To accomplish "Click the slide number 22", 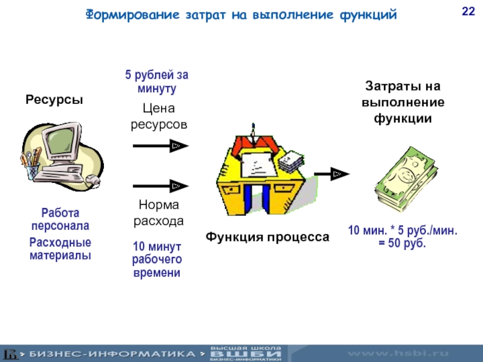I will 467,11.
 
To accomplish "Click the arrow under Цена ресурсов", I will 161,146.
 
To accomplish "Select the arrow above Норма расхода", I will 161,186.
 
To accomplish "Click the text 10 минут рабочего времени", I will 156,260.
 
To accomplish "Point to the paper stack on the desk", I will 292,159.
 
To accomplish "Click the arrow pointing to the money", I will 331,174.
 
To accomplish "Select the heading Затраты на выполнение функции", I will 403,102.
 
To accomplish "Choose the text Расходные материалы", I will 60,249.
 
